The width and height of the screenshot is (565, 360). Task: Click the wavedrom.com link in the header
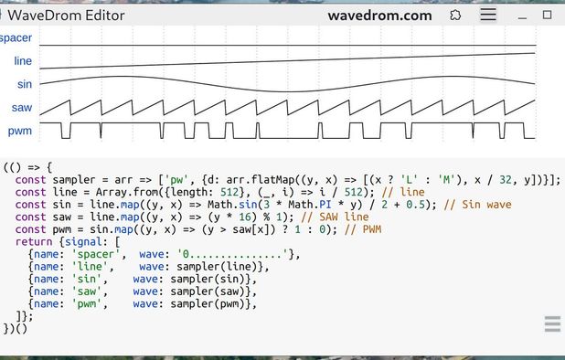(379, 15)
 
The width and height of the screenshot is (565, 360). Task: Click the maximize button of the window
(548, 15)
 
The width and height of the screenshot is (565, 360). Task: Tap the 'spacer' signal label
(16, 37)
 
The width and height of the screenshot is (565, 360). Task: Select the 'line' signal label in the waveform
(23, 60)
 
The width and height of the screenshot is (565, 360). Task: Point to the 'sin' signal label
(25, 84)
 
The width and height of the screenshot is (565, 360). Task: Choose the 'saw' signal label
(23, 108)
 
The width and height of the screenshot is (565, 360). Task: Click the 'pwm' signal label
(21, 131)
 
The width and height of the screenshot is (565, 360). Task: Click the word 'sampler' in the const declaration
(75, 179)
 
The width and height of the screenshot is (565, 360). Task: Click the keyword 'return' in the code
(34, 241)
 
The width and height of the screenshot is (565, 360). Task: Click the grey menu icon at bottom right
(552, 324)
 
